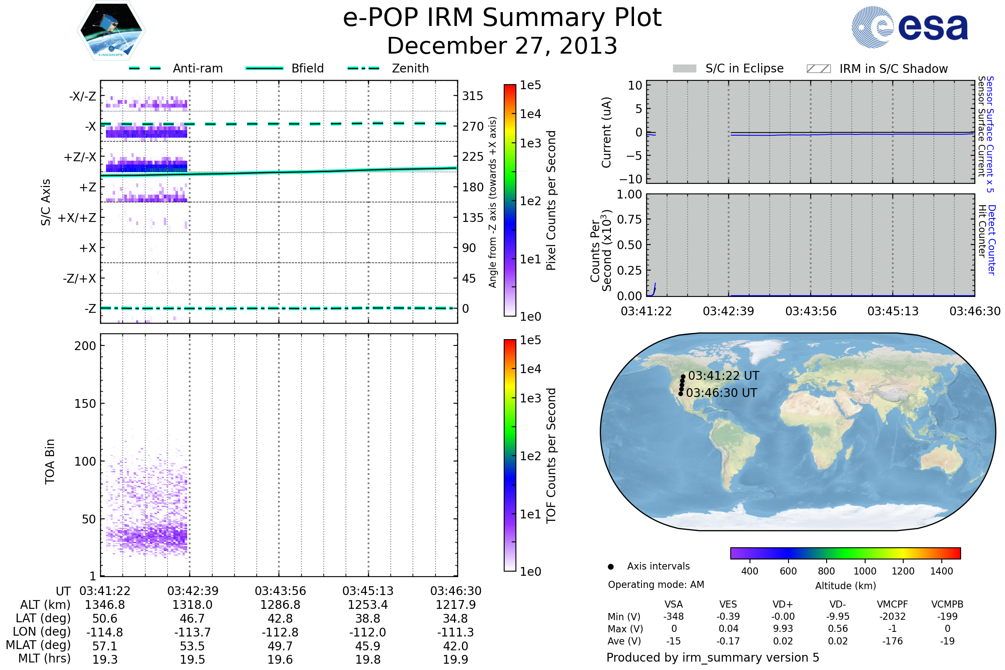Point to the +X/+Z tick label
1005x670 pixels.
coord(77,218)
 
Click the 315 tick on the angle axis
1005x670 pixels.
coord(472,96)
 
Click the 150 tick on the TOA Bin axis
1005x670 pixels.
coord(85,404)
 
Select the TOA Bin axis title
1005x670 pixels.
coord(49,461)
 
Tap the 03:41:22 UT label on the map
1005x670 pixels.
coord(724,376)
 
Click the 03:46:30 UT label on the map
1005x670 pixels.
coord(721,393)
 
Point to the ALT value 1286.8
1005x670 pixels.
coord(280,605)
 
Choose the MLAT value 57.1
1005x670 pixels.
coord(105,646)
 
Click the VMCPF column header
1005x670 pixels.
coord(892,605)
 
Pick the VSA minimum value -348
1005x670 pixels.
coord(673,616)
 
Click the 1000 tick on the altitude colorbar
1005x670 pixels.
coord(864,571)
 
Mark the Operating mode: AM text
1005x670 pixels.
coord(656,585)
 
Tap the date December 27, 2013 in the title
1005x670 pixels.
coord(502,46)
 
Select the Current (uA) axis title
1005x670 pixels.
coord(606,132)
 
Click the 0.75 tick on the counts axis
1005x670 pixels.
coord(629,219)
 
